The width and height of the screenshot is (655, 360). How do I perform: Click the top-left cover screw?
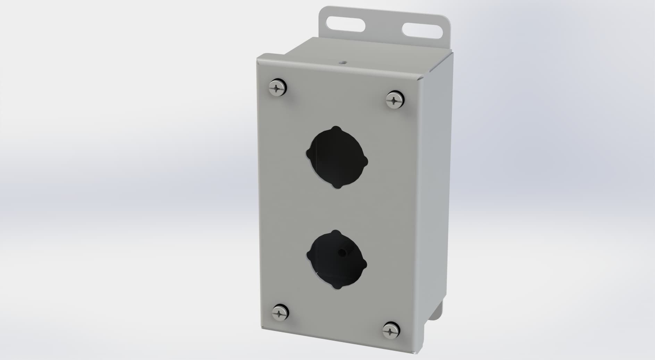coord(278,87)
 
